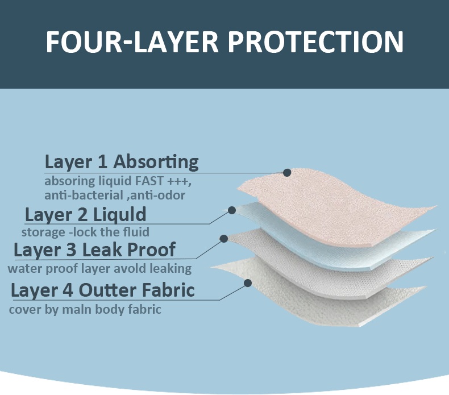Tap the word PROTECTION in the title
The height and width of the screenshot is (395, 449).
pos(315,41)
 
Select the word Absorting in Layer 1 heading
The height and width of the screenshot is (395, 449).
pos(156,162)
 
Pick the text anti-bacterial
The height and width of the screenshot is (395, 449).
pos(84,196)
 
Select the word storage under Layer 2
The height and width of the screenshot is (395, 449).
pos(43,232)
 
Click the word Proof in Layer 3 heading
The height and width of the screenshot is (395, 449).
pos(151,250)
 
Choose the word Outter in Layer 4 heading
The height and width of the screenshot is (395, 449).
pos(107,290)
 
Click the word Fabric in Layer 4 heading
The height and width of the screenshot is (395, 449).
pos(168,290)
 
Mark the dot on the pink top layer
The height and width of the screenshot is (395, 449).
pos(287,173)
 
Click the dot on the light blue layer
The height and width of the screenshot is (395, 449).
pos(232,210)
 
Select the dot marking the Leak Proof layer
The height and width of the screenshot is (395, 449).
pos(223,238)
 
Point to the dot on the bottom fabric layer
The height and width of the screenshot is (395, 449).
pos(248,283)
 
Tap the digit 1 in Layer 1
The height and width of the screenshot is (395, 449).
pos(103,162)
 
